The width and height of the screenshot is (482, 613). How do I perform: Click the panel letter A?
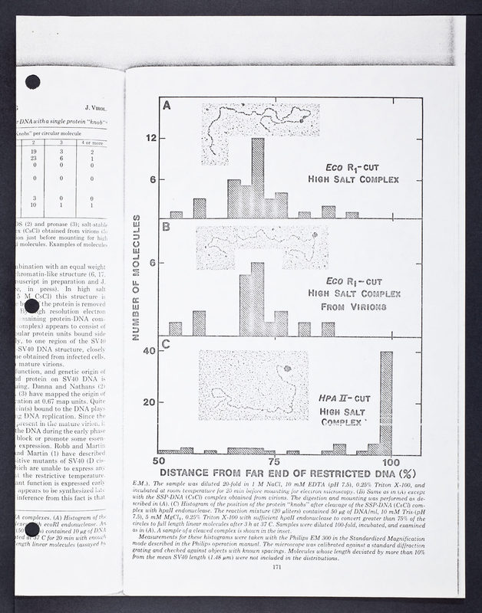click(x=165, y=106)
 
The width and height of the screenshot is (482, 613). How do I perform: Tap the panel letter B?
click(x=165, y=226)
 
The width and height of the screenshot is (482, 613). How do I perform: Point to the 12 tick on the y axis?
click(x=152, y=138)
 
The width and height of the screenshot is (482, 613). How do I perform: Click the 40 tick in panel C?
click(x=151, y=352)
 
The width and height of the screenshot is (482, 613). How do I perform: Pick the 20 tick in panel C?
click(x=151, y=402)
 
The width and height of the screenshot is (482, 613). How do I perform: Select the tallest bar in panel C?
click(x=387, y=402)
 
